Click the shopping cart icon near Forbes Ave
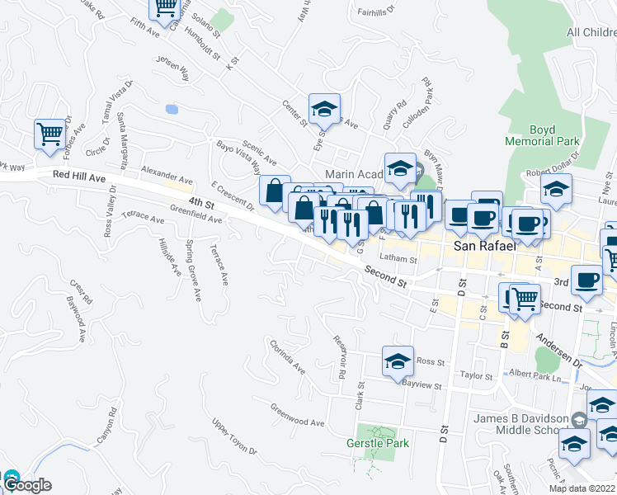(x=49, y=134)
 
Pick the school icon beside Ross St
(x=398, y=361)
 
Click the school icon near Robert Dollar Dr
(x=556, y=189)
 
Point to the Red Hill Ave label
(x=79, y=176)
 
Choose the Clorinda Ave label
(x=286, y=355)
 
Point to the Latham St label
(x=404, y=259)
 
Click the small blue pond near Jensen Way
(x=172, y=109)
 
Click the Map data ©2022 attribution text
(x=582, y=488)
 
